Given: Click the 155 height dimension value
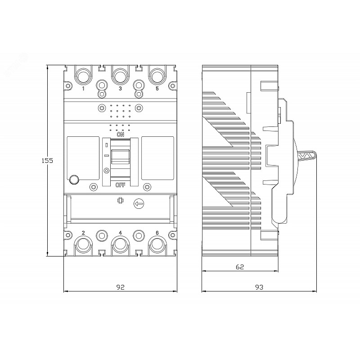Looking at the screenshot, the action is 47,161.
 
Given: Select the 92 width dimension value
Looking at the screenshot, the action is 120,287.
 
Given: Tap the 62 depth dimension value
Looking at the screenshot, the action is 240,267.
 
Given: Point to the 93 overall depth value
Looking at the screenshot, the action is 259,287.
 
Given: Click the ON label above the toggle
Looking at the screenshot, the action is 121,135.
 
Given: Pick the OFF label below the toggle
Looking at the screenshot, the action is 121,185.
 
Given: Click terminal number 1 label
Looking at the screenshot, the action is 83,88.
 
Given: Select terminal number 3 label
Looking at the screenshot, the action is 120,88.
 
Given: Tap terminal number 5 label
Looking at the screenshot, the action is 157,88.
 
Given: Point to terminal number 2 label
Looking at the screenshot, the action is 83,233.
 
